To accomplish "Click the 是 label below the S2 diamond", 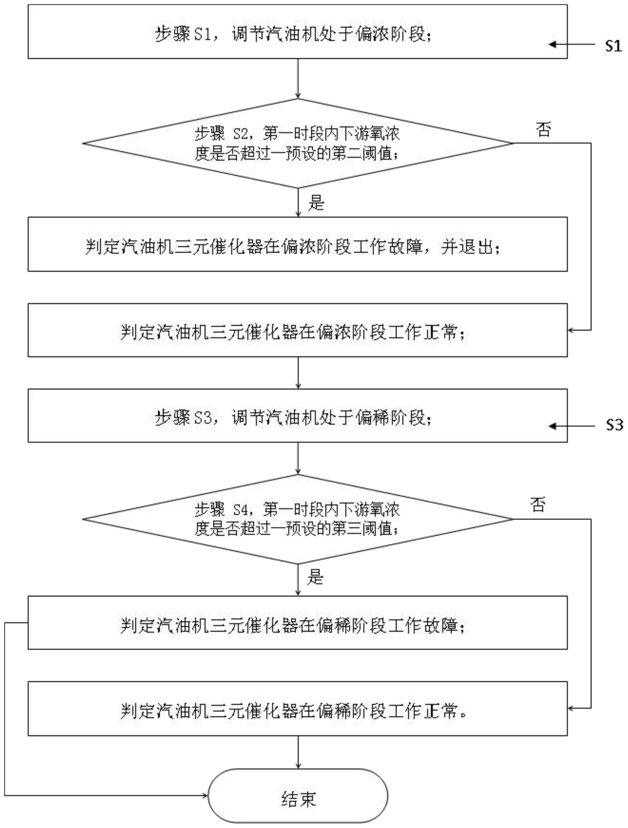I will [x=316, y=203].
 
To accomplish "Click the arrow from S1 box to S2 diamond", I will [x=298, y=79].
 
